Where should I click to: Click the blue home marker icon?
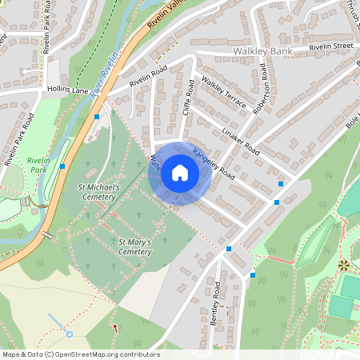tap(180, 173)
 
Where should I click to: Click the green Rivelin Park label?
tap(38, 165)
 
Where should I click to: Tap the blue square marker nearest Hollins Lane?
tap(97, 117)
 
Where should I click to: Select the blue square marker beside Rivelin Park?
tap(62, 166)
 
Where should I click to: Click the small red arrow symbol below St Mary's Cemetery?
tap(115, 327)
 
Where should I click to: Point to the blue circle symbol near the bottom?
tap(69, 334)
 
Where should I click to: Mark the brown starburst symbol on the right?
tap(344, 264)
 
